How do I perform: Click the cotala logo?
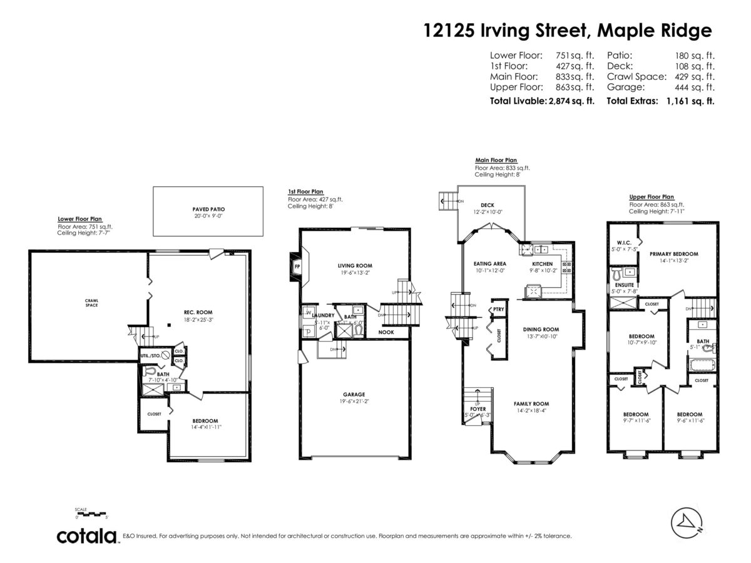tap(87, 536)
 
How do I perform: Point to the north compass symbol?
tap(687, 522)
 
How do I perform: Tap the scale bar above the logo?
tap(91, 515)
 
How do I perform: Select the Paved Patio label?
tap(208, 209)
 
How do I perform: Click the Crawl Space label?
tap(91, 302)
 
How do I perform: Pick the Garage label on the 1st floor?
tap(354, 394)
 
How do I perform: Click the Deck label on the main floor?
tap(487, 205)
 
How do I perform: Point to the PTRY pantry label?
tap(498, 309)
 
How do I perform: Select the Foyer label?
tap(478, 409)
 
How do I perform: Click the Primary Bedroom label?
tap(673, 254)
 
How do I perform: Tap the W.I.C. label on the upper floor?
tap(623, 243)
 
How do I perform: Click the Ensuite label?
tap(624, 285)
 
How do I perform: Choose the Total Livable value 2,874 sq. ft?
tap(571, 100)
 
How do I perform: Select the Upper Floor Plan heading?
tap(651, 196)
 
